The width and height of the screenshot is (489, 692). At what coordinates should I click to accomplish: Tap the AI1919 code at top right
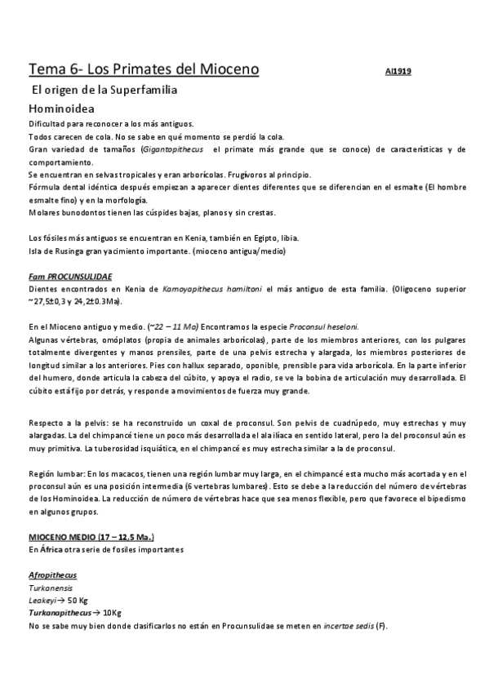pos(398,71)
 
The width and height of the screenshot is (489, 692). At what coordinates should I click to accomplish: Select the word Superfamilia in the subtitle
pos(135,89)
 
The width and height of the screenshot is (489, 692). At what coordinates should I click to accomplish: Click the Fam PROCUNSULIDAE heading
pos(70,277)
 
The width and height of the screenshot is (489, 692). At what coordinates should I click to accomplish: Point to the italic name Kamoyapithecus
pos(192,289)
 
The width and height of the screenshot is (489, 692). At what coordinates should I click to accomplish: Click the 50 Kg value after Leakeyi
pos(75,601)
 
